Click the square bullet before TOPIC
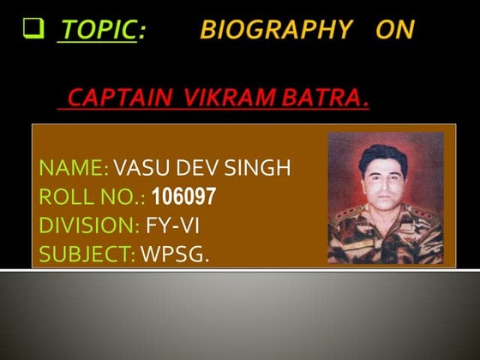click(x=34, y=30)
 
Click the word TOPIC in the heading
click(x=97, y=31)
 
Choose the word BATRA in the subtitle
click(x=323, y=100)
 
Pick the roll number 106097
click(x=183, y=197)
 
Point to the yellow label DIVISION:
click(x=88, y=225)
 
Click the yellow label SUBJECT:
click(x=87, y=254)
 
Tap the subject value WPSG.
click(x=175, y=254)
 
